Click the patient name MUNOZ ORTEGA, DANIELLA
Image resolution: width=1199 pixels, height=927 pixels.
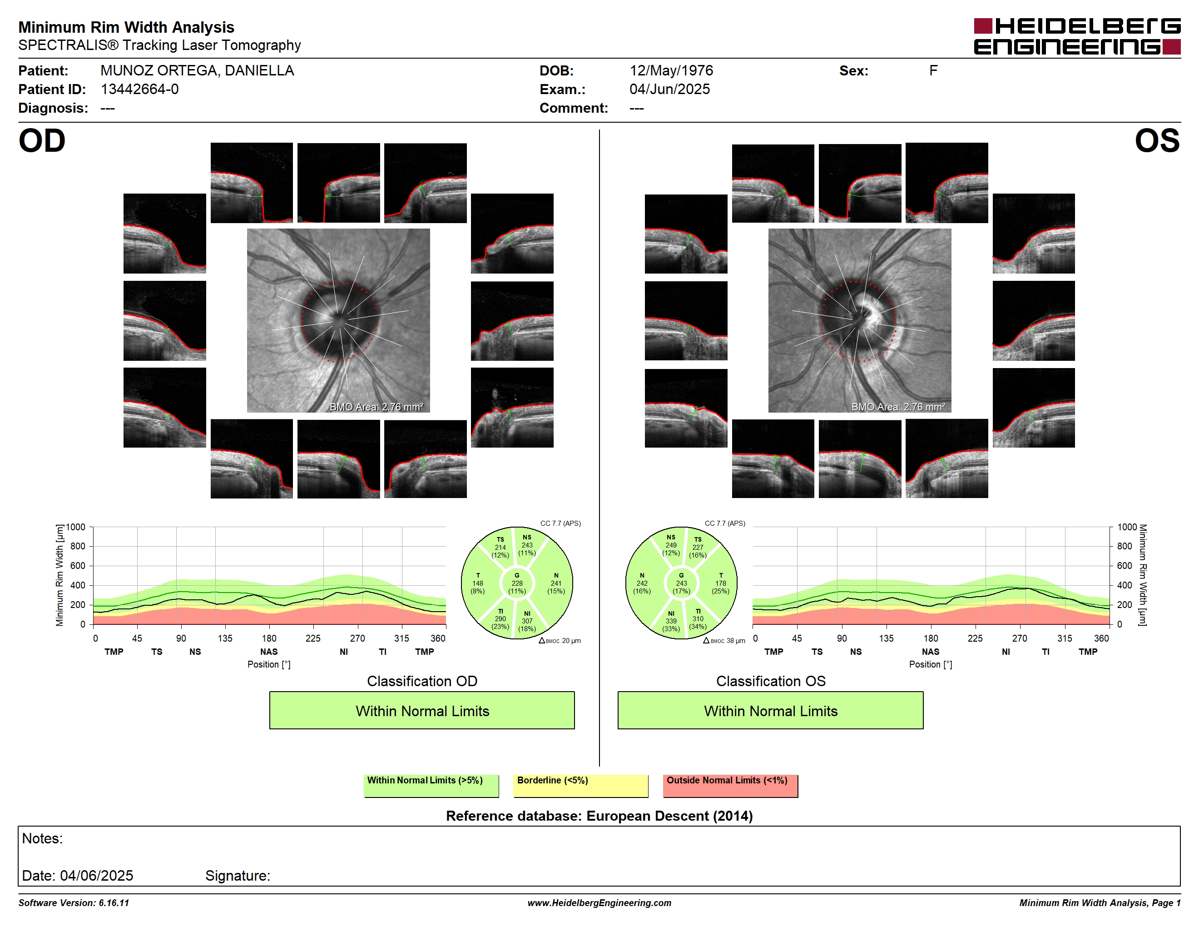point(197,71)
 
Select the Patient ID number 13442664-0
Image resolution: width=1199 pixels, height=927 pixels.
point(139,89)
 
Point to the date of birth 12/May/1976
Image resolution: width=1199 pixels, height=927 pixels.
point(671,71)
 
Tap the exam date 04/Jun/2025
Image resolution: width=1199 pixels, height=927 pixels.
point(669,89)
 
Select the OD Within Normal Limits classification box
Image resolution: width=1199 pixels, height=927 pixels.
point(421,710)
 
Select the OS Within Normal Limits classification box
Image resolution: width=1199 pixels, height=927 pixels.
point(770,710)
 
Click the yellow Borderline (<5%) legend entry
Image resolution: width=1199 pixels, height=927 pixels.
point(580,785)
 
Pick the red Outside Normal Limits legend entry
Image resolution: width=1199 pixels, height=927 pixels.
point(730,785)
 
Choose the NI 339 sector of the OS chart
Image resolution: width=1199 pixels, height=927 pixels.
point(671,621)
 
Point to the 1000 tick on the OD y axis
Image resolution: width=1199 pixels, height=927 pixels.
point(76,527)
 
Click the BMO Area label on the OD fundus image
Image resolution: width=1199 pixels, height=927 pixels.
point(377,407)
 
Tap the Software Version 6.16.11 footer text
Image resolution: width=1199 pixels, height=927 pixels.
point(74,903)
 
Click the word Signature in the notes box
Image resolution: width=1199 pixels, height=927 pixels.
point(238,875)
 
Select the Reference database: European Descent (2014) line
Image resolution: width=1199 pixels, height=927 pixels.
point(599,816)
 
